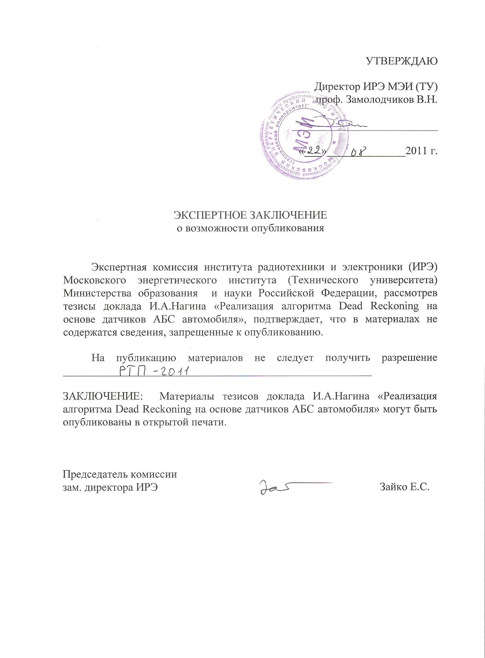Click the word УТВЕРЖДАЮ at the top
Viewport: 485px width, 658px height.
coord(401,61)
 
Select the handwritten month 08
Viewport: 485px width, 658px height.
coord(359,152)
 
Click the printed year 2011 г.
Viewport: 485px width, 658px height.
coord(421,151)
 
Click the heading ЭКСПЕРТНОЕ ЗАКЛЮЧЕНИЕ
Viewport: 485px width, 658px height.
coord(250,215)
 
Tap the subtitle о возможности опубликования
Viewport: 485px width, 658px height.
coord(250,228)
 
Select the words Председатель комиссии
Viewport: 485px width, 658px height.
coord(120,474)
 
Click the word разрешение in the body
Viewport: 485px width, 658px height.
coord(409,358)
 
